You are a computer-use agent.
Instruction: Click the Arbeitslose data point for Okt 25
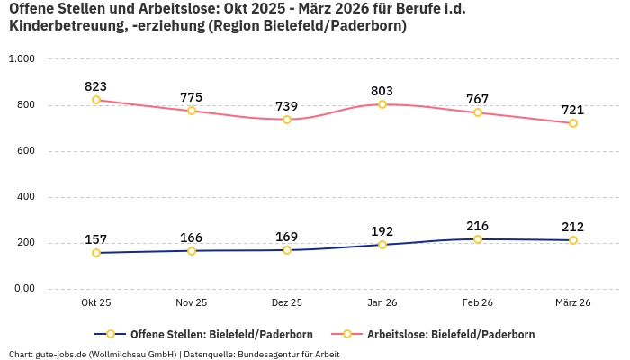[x=96, y=100]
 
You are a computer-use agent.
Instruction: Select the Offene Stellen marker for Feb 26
[x=478, y=239]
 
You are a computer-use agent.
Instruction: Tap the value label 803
[x=382, y=91]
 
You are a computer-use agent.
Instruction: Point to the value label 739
[x=287, y=106]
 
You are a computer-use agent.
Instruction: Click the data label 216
[x=478, y=226]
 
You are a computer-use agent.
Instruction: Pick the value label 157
[x=96, y=239]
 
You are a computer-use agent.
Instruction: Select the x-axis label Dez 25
[x=287, y=303]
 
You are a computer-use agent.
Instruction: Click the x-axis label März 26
[x=572, y=303]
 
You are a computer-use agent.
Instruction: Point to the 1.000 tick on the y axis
[x=22, y=59]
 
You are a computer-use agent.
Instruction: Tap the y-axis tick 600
[x=25, y=151]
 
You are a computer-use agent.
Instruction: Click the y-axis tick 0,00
[x=23, y=289]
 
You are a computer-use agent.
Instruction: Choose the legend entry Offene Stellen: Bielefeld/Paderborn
[x=211, y=335]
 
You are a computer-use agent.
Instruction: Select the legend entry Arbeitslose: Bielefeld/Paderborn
[x=450, y=335]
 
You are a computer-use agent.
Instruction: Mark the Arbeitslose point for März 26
[x=573, y=123]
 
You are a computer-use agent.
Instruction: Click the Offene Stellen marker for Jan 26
[x=382, y=245]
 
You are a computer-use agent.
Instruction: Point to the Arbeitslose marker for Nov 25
[x=192, y=111]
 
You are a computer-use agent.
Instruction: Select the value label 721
[x=573, y=110]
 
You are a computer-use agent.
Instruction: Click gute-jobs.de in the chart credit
[x=60, y=355]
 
